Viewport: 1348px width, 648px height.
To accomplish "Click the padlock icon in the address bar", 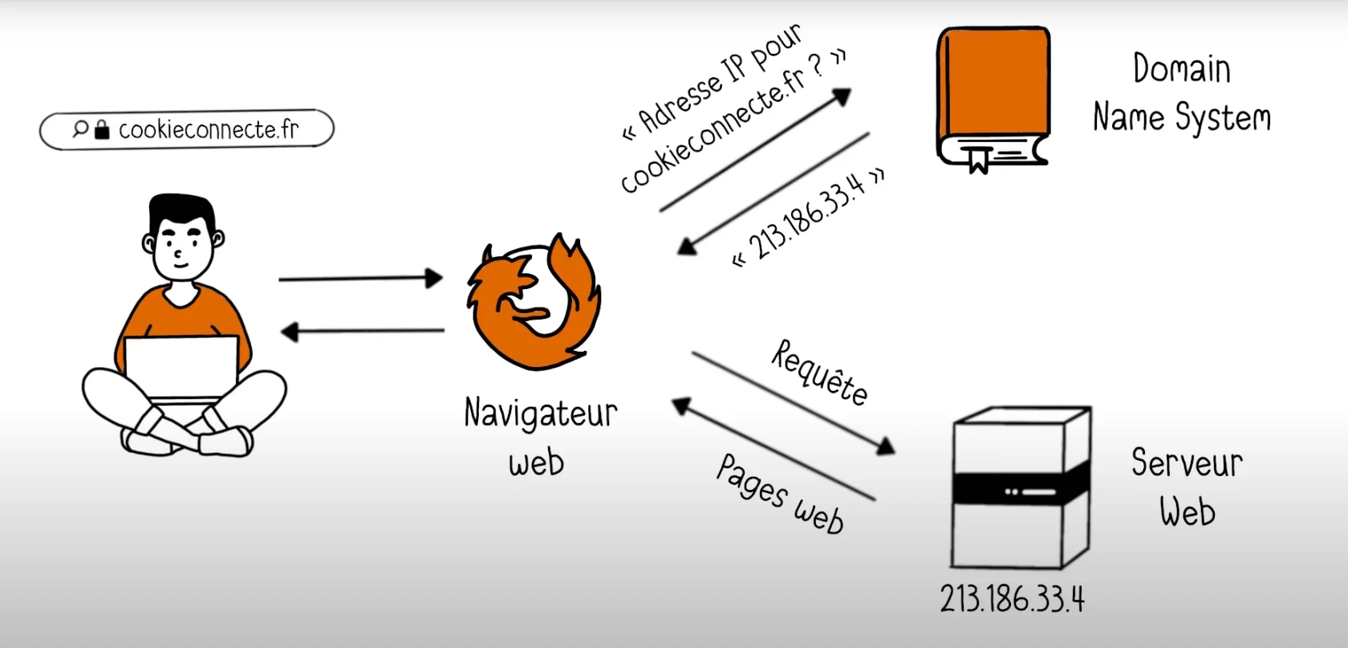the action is coord(103,129).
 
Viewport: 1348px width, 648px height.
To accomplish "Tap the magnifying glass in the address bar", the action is coord(80,128).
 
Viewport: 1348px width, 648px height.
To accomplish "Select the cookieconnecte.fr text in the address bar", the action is coord(209,129).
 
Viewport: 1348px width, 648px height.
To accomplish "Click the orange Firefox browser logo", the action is coord(534,301).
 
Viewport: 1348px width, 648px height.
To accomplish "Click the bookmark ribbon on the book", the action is coord(979,160).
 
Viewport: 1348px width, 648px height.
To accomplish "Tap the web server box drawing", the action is coord(1021,488).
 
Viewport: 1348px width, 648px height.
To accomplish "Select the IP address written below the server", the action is coord(1013,599).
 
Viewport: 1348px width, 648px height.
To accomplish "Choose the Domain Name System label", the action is coord(1182,93).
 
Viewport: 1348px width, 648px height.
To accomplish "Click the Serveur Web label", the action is coord(1188,487).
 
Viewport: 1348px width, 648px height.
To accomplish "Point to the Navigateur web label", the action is coord(541,435).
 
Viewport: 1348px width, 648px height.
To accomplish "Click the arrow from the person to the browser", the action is coord(360,278).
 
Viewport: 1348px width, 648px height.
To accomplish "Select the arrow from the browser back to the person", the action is coord(363,331).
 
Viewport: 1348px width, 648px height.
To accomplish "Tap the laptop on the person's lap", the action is coord(181,369).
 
